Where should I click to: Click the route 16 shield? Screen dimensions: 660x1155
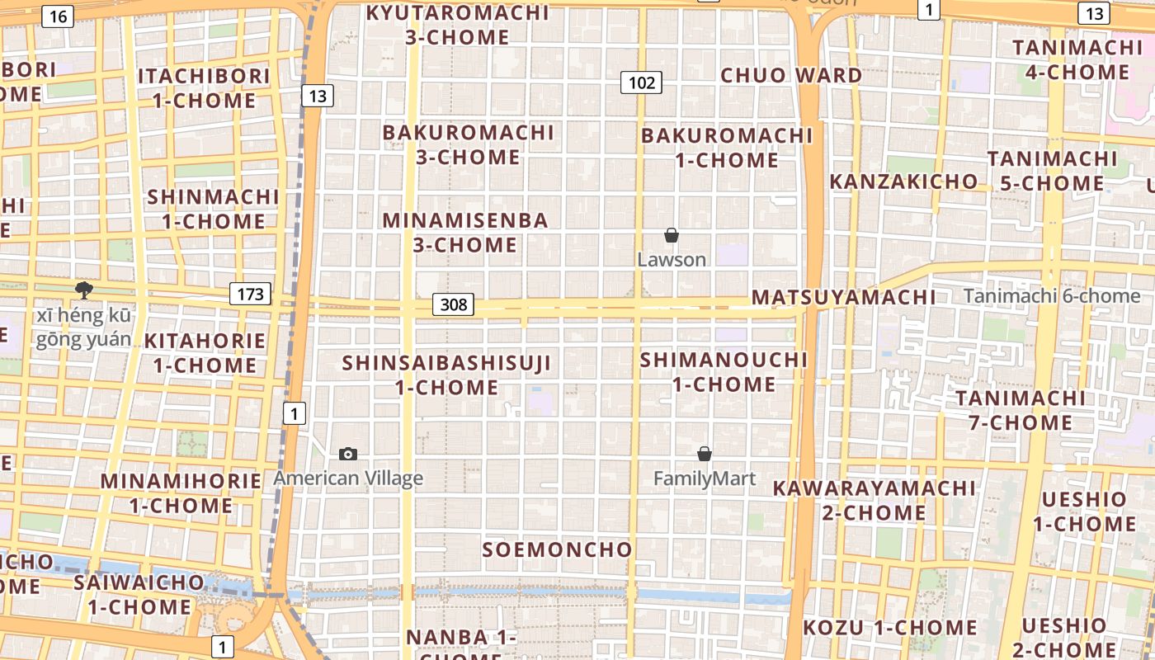coord(59,16)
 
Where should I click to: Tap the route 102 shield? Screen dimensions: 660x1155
coord(641,82)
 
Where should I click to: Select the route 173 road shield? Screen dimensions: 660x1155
coord(250,294)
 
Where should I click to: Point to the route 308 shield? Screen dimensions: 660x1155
coord(453,304)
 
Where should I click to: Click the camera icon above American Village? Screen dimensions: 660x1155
coord(348,454)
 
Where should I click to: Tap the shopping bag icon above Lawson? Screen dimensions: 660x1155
coord(672,236)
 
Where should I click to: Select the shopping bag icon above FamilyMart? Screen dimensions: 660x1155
coord(705,454)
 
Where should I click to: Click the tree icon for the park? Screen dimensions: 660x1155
coord(83,290)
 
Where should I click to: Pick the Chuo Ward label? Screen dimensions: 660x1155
coord(791,75)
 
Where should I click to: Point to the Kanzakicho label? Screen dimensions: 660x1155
coord(903,181)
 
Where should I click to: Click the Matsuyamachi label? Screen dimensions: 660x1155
coord(843,297)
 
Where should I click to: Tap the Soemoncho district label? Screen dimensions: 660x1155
coord(558,549)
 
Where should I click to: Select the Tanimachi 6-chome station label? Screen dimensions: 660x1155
coord(1052,296)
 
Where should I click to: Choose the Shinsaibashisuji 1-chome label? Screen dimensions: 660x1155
coord(446,375)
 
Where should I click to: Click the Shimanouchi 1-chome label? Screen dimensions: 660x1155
coord(724,372)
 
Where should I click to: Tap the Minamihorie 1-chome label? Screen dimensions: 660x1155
coord(181,493)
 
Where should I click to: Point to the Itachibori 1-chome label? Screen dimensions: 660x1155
coord(204,87)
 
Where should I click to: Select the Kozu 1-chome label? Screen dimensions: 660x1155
coord(890,628)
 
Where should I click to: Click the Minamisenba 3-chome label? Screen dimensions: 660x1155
coord(465,233)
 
